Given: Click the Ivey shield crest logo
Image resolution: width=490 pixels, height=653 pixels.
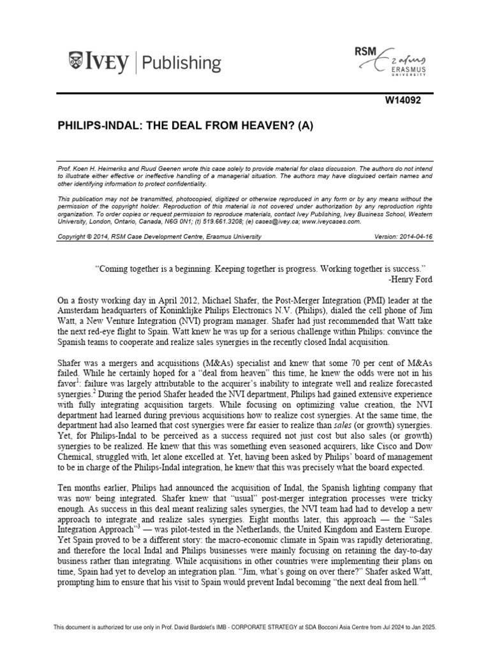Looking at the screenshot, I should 74,62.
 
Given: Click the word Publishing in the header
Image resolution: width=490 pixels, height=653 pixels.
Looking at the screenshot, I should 182,63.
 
